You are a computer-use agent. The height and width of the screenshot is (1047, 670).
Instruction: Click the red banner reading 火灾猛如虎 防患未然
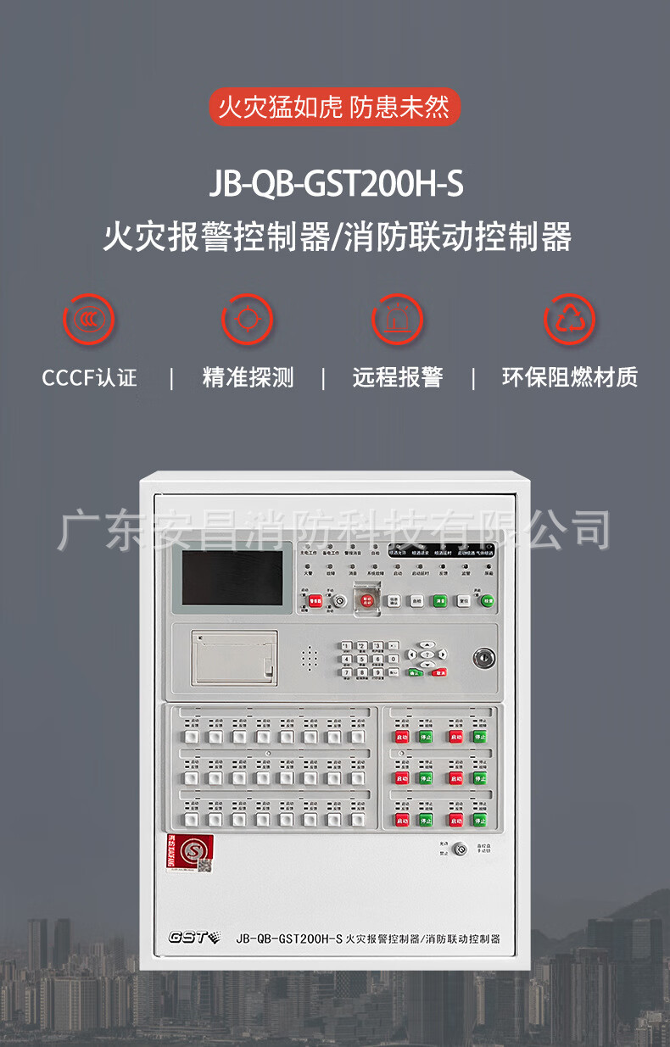pyautogui.click(x=334, y=108)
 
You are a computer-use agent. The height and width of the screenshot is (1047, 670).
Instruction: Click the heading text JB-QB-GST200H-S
pyautogui.click(x=336, y=184)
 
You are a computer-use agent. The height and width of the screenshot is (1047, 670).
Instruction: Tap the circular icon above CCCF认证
pyautogui.click(x=89, y=320)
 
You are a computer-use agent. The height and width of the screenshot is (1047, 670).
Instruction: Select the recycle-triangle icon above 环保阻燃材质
pyautogui.click(x=569, y=320)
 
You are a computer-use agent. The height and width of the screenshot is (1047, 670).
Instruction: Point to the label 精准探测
pyautogui.click(x=248, y=377)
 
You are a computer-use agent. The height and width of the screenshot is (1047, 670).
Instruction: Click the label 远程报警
pyautogui.click(x=398, y=377)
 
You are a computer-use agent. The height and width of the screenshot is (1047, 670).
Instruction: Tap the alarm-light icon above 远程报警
pyautogui.click(x=398, y=320)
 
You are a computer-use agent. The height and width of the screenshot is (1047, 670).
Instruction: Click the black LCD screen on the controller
pyautogui.click(x=232, y=577)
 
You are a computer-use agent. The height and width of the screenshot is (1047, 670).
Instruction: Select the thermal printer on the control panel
pyautogui.click(x=232, y=657)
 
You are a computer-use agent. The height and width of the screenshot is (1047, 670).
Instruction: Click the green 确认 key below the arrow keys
pyautogui.click(x=416, y=673)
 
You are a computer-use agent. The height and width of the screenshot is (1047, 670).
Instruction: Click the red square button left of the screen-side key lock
pyautogui.click(x=315, y=601)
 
